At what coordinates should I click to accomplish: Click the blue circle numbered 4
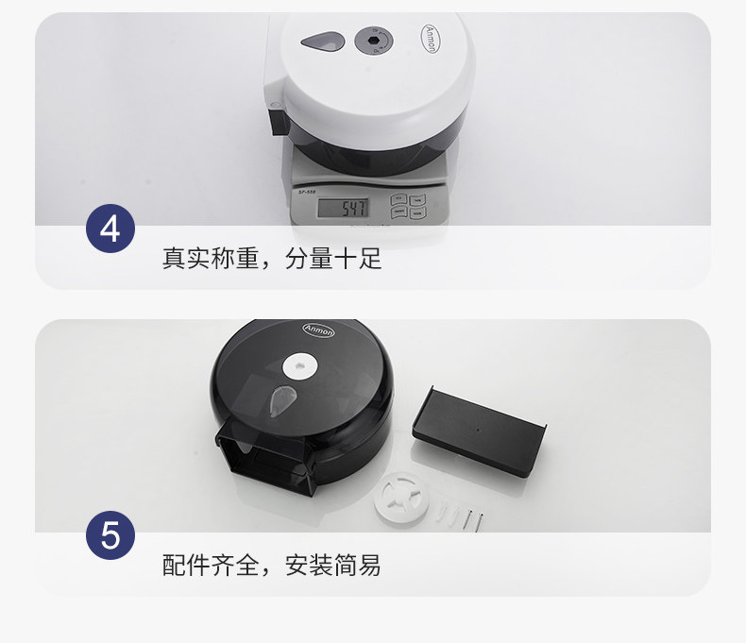110,228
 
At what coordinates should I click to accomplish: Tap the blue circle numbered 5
110,535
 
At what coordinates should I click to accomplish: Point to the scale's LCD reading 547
343,208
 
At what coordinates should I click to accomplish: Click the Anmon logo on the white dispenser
429,39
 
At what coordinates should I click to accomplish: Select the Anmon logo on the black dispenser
318,330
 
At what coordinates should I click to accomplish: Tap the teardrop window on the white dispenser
323,42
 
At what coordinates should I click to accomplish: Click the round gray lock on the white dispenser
374,40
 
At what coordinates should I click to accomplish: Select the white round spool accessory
401,499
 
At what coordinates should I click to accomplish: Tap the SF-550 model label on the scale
307,192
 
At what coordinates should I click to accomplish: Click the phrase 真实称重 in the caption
210,259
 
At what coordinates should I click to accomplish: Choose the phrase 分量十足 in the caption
333,259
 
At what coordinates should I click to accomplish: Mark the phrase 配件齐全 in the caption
210,565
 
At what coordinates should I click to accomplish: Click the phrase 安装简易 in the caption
333,565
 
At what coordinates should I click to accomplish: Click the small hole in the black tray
478,430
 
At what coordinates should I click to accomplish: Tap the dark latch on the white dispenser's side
279,122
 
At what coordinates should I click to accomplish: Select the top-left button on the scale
398,199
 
